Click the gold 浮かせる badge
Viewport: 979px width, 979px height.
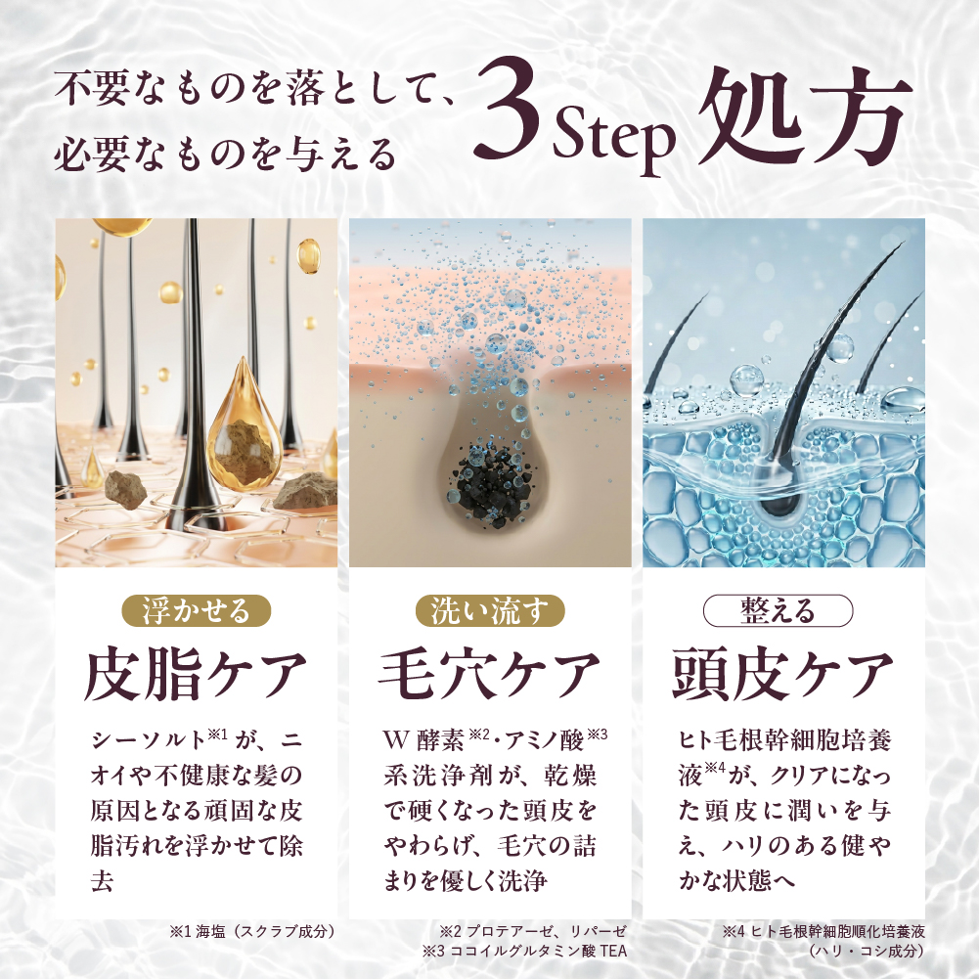196,610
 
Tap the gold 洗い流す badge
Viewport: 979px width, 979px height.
490,610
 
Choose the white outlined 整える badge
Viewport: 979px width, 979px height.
778,610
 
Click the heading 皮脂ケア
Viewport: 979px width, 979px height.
196,674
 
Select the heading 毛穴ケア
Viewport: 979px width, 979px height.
489,674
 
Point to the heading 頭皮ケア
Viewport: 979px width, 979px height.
783,674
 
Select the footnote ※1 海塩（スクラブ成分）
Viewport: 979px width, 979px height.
253,931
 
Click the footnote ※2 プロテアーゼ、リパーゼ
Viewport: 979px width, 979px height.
533,931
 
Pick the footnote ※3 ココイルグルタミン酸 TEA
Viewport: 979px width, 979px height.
524,951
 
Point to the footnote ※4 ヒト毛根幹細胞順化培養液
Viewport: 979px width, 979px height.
823,931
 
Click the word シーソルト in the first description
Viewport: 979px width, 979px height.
148,740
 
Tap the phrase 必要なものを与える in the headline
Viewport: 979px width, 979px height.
225,154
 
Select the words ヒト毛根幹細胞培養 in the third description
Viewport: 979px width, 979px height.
784,740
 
